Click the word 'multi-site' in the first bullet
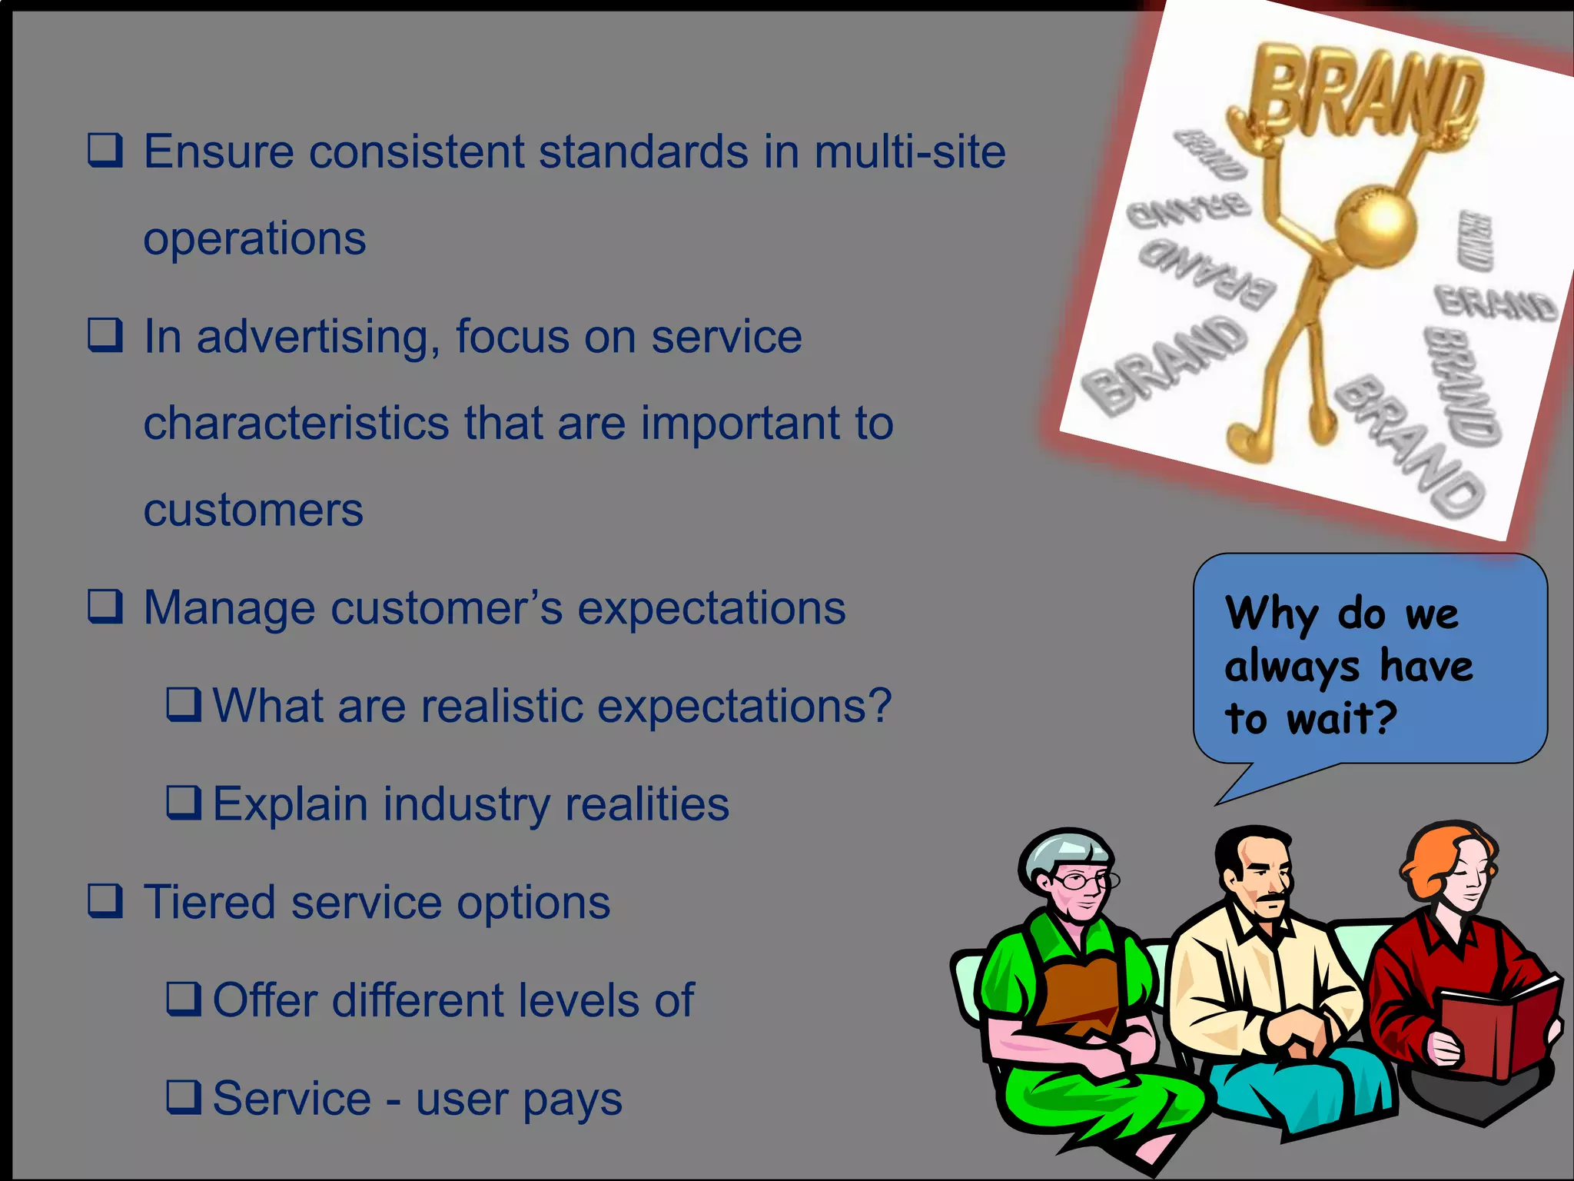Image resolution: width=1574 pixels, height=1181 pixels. tap(909, 151)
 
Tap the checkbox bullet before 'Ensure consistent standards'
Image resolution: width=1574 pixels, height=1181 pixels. tap(105, 150)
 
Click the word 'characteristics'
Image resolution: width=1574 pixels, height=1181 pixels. tap(296, 424)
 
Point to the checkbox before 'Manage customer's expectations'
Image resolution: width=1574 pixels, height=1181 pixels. tap(105, 607)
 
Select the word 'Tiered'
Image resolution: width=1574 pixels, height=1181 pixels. tap(210, 902)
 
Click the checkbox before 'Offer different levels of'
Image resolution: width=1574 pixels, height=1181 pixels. tap(184, 999)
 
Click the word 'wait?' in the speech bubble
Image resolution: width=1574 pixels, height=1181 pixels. tap(1341, 719)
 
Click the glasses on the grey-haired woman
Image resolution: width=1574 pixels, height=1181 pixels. tap(1084, 881)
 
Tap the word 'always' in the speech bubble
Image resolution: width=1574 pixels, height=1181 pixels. tap(1291, 667)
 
